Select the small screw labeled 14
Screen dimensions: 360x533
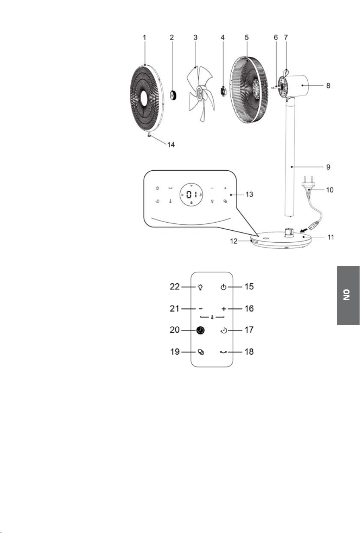coord(149,135)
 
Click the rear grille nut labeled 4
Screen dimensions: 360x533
coord(223,91)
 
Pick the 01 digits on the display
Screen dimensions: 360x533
coord(191,194)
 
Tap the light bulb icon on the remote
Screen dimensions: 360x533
coord(200,287)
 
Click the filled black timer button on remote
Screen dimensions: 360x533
coord(200,330)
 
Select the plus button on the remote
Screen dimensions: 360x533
coord(224,309)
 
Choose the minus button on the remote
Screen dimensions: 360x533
coord(201,309)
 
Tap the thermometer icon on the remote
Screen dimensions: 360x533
coord(212,317)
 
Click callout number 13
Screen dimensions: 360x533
coord(249,194)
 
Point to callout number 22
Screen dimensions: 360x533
coord(175,287)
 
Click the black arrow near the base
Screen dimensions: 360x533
coord(303,230)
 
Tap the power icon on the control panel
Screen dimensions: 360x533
coord(157,188)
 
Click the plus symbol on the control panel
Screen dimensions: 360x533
coord(225,188)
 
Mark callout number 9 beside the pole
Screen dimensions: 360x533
coord(328,167)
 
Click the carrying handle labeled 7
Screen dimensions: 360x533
coord(286,72)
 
